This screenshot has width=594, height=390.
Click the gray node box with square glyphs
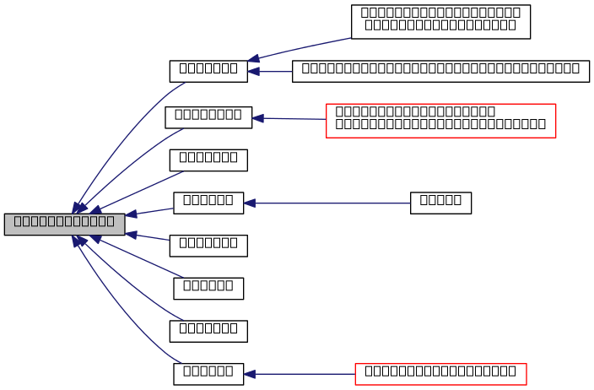[64, 225]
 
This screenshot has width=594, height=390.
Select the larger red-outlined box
[440, 121]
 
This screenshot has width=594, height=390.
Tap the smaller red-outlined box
[440, 374]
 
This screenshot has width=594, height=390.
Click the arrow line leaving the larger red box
[295, 119]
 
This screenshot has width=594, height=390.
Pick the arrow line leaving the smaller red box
[304, 374]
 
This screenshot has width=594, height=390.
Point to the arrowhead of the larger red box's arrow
[258, 118]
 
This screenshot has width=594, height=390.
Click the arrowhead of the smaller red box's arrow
[250, 374]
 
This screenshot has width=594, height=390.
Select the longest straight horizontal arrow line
[329, 203]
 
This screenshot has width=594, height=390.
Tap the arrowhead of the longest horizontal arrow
[250, 203]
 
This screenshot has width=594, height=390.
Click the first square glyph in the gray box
[18, 221]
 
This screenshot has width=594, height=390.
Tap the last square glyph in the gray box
[110, 221]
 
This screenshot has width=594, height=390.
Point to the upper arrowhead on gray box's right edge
[132, 214]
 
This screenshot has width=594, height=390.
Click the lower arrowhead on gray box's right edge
[132, 235]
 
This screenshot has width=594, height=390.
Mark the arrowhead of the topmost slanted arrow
[253, 59]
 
